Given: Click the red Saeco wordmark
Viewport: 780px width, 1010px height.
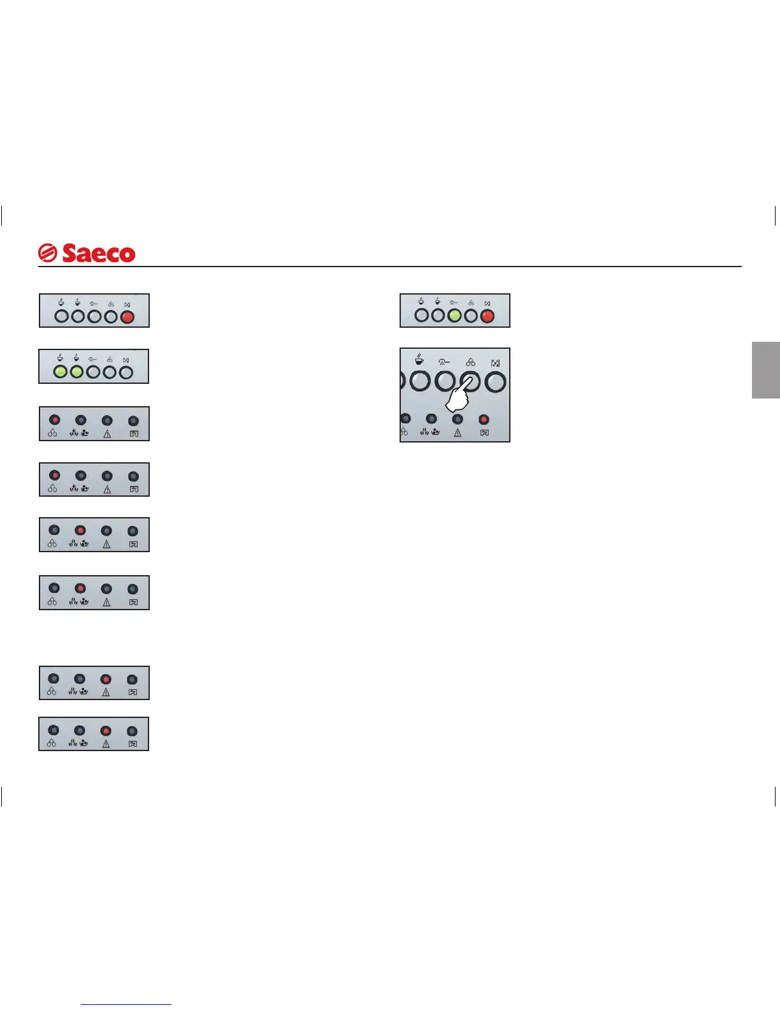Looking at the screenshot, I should pyautogui.click(x=99, y=254).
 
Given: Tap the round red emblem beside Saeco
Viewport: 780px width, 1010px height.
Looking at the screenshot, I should pyautogui.click(x=47, y=254).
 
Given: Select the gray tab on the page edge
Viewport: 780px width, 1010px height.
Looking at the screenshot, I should pyautogui.click(x=765, y=370).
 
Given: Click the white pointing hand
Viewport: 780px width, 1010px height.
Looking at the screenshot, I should pyautogui.click(x=458, y=397).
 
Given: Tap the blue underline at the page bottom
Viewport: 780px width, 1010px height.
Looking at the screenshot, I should pyautogui.click(x=126, y=1004).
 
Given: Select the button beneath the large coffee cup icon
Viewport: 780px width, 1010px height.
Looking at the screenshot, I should pyautogui.click(x=420, y=382).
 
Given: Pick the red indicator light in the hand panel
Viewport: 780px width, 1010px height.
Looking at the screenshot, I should pyautogui.click(x=484, y=419).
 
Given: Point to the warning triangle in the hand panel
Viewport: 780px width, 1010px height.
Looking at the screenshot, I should pyautogui.click(x=458, y=432).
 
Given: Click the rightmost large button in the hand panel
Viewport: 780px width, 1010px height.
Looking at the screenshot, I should pyautogui.click(x=495, y=382).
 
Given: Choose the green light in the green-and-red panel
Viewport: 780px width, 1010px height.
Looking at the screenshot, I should pyautogui.click(x=454, y=315).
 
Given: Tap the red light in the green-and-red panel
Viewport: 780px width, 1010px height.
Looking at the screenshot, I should pyautogui.click(x=487, y=315).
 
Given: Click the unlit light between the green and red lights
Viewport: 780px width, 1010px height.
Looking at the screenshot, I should pyautogui.click(x=471, y=315).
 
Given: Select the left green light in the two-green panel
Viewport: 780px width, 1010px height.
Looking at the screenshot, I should pyautogui.click(x=60, y=371).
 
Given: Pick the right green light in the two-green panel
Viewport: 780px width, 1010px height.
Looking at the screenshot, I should pyautogui.click(x=76, y=371).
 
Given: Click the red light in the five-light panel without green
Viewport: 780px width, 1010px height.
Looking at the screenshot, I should pyautogui.click(x=127, y=316).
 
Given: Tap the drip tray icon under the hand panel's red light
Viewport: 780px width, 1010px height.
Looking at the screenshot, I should pyautogui.click(x=484, y=432).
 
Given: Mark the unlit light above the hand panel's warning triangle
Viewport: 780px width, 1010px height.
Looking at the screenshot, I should pyautogui.click(x=458, y=419).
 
